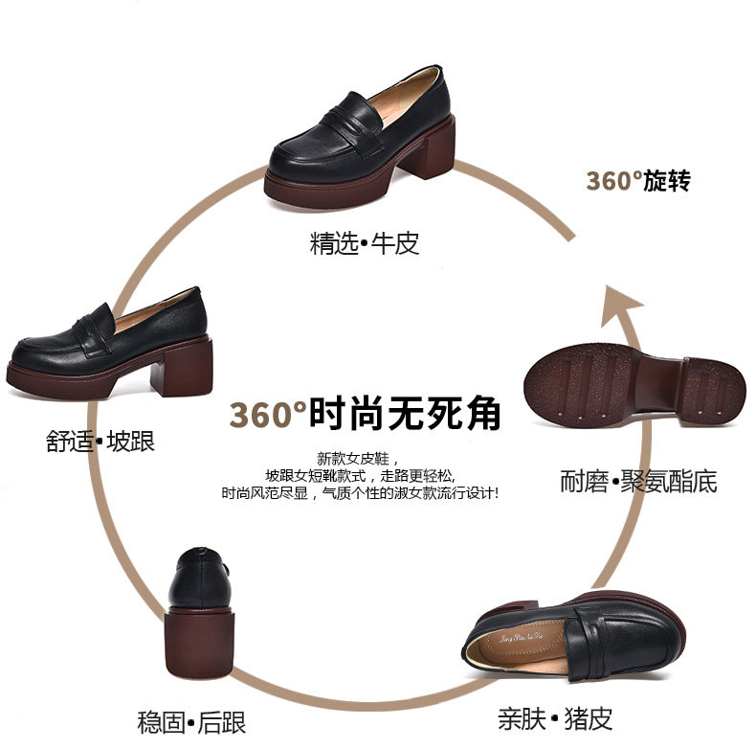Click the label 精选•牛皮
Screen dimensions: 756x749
pos(365,243)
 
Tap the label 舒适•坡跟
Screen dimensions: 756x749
pos(100,442)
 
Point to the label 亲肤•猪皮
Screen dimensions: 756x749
pos(555,717)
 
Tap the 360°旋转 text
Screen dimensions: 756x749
pos(637,181)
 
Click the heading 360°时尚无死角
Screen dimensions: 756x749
pos(365,415)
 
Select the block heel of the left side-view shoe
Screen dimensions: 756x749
pos(182,367)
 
